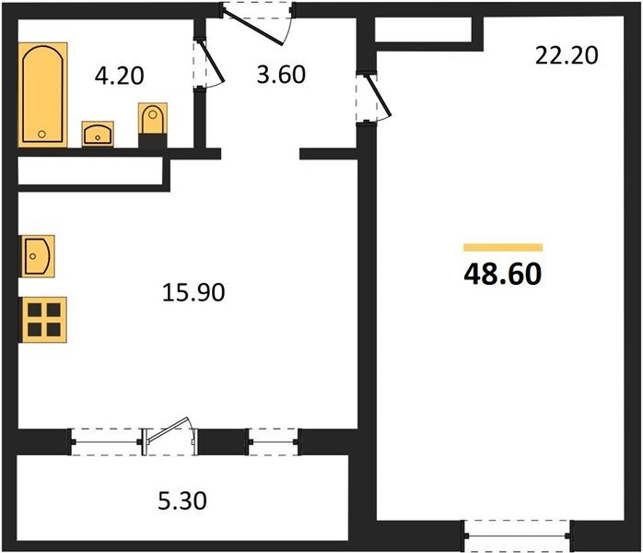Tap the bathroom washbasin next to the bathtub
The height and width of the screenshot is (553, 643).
[x=97, y=135]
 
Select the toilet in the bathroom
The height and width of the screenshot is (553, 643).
[x=153, y=124]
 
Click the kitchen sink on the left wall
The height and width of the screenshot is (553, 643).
[x=37, y=253]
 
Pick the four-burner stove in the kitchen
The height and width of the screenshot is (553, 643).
[x=43, y=319]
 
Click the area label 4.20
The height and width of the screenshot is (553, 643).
[x=121, y=76]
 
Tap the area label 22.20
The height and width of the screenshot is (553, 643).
[x=567, y=55]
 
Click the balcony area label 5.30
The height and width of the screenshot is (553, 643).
[x=181, y=502]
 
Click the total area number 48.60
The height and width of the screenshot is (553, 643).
[x=503, y=274]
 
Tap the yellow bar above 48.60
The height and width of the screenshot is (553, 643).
[x=503, y=247]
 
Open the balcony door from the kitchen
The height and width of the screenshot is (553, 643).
[x=170, y=437]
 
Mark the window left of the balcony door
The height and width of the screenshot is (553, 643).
[x=107, y=441]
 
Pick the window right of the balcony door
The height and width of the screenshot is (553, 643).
[x=273, y=441]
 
